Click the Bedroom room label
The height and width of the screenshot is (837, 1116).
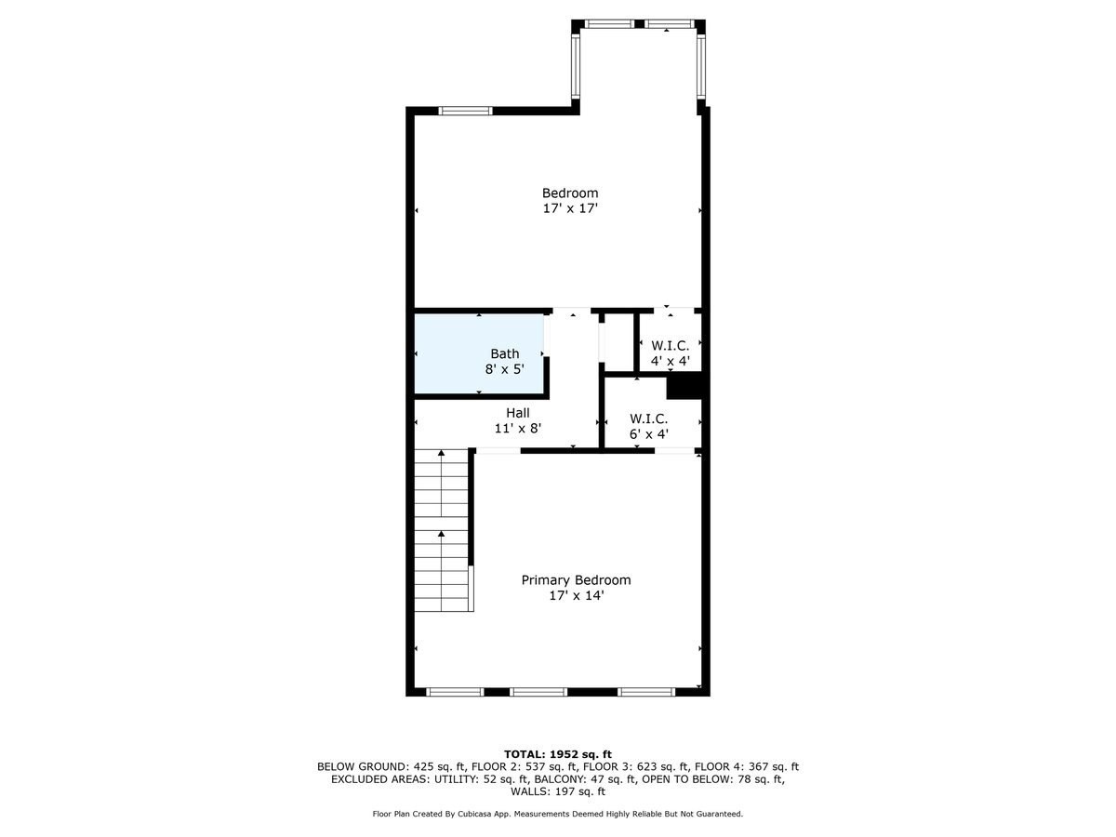click(x=570, y=193)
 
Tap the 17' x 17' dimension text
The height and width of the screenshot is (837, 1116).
click(x=570, y=209)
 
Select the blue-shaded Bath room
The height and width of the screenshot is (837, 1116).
click(x=479, y=353)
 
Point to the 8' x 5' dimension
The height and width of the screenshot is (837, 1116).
click(x=504, y=369)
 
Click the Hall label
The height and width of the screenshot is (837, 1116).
click(x=517, y=413)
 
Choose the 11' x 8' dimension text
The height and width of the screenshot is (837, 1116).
click(x=517, y=429)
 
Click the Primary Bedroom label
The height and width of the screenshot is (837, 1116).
click(x=576, y=580)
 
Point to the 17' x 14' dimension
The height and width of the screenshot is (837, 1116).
click(x=576, y=596)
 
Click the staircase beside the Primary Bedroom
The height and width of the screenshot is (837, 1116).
click(x=442, y=530)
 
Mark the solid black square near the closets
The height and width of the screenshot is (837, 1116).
click(x=684, y=385)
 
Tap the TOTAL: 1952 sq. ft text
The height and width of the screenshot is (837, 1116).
click(x=558, y=754)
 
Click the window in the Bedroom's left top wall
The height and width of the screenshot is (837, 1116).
click(x=465, y=111)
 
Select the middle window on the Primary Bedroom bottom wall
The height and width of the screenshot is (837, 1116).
click(x=538, y=692)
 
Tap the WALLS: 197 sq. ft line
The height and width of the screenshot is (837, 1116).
click(x=558, y=792)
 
